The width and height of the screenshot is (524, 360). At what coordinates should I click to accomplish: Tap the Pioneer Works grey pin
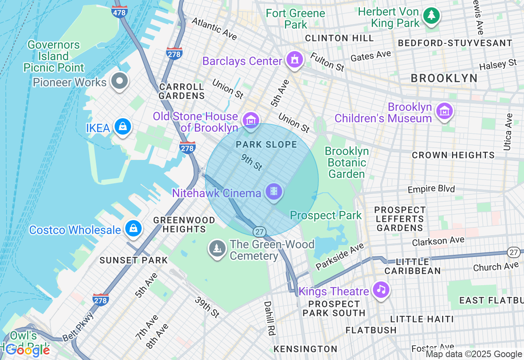tap(120, 81)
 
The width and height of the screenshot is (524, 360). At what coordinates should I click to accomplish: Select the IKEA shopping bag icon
tap(122, 127)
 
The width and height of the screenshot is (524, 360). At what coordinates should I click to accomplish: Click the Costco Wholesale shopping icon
tap(133, 229)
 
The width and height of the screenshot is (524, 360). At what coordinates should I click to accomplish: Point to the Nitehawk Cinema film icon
tap(273, 191)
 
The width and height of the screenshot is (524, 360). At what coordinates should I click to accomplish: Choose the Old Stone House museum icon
tap(251, 120)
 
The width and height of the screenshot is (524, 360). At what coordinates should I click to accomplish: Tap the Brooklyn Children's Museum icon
tap(444, 111)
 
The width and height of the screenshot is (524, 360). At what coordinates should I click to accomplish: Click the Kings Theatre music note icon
tap(381, 290)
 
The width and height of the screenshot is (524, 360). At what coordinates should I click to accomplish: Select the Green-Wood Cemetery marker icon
tap(217, 248)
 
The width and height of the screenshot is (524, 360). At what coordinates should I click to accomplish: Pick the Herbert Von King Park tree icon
tap(431, 16)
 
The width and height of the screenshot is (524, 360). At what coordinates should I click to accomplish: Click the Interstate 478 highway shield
tap(119, 12)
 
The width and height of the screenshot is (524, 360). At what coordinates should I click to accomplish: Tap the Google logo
tap(27, 350)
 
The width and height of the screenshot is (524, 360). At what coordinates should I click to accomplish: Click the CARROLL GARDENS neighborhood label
tap(182, 91)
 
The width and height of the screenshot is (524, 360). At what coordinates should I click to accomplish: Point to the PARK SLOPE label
tap(266, 144)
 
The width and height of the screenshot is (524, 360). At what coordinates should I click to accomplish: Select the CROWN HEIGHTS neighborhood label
tap(453, 155)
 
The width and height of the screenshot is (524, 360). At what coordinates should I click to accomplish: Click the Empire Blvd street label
tap(431, 189)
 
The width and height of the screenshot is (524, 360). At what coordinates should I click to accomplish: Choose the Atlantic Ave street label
tap(214, 29)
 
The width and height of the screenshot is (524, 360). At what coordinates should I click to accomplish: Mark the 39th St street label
tap(207, 307)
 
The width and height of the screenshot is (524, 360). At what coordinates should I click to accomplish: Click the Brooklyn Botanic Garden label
tap(347, 162)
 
